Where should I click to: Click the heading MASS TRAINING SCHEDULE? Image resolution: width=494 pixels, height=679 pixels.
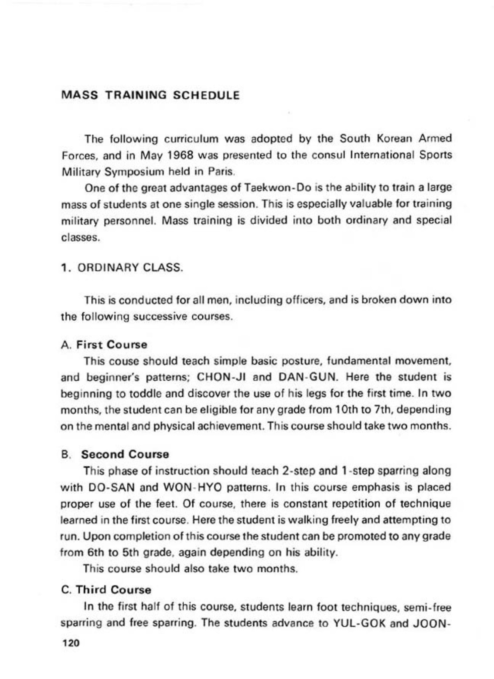click(150, 95)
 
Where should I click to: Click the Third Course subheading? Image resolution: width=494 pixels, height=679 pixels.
click(113, 590)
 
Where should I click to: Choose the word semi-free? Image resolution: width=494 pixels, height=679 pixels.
click(428, 606)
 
